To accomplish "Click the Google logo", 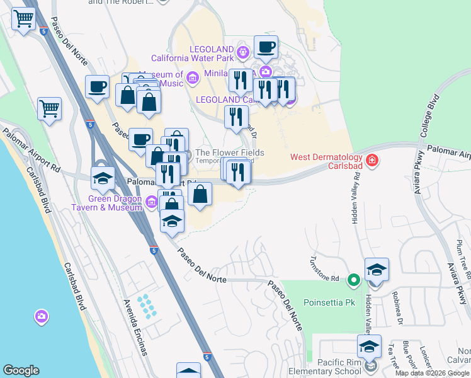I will click(21, 370).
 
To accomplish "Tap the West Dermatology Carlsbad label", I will click(326, 162).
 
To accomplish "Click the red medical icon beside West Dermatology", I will click(372, 160).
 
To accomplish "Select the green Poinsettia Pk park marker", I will click(354, 279).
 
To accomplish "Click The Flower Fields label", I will click(229, 152).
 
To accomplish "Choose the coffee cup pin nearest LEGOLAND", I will click(266, 47).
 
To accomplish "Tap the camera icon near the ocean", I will click(42, 316).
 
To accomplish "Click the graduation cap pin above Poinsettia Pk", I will click(377, 270).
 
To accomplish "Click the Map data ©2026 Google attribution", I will click(432, 373).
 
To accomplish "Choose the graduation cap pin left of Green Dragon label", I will click(103, 179).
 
